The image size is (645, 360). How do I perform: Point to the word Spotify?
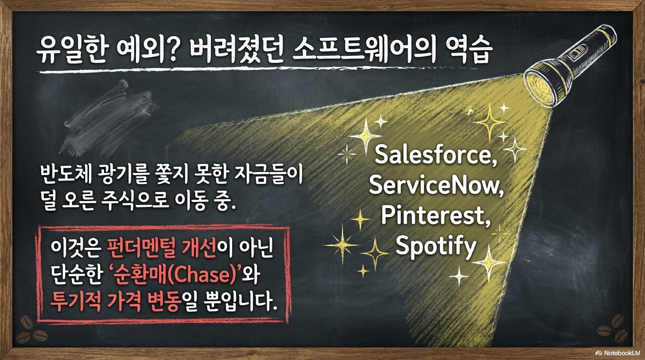436,247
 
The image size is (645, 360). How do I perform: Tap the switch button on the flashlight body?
578,52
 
